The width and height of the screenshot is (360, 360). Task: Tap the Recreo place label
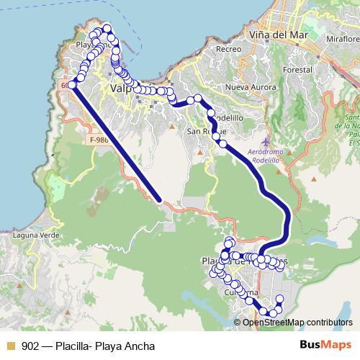[228, 49]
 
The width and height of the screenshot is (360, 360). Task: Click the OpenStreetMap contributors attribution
[297, 322]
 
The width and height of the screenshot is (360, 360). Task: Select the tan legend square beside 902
[10, 346]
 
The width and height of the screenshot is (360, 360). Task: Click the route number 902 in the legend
[30, 346]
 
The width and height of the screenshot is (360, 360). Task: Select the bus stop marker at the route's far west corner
[72, 85]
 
